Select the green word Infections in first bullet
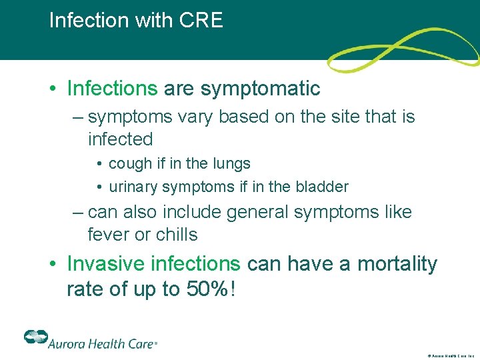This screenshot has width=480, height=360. [112, 88]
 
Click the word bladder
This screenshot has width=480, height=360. [325, 187]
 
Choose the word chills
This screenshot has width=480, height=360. [176, 235]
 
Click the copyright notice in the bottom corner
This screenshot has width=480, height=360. [451, 356]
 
